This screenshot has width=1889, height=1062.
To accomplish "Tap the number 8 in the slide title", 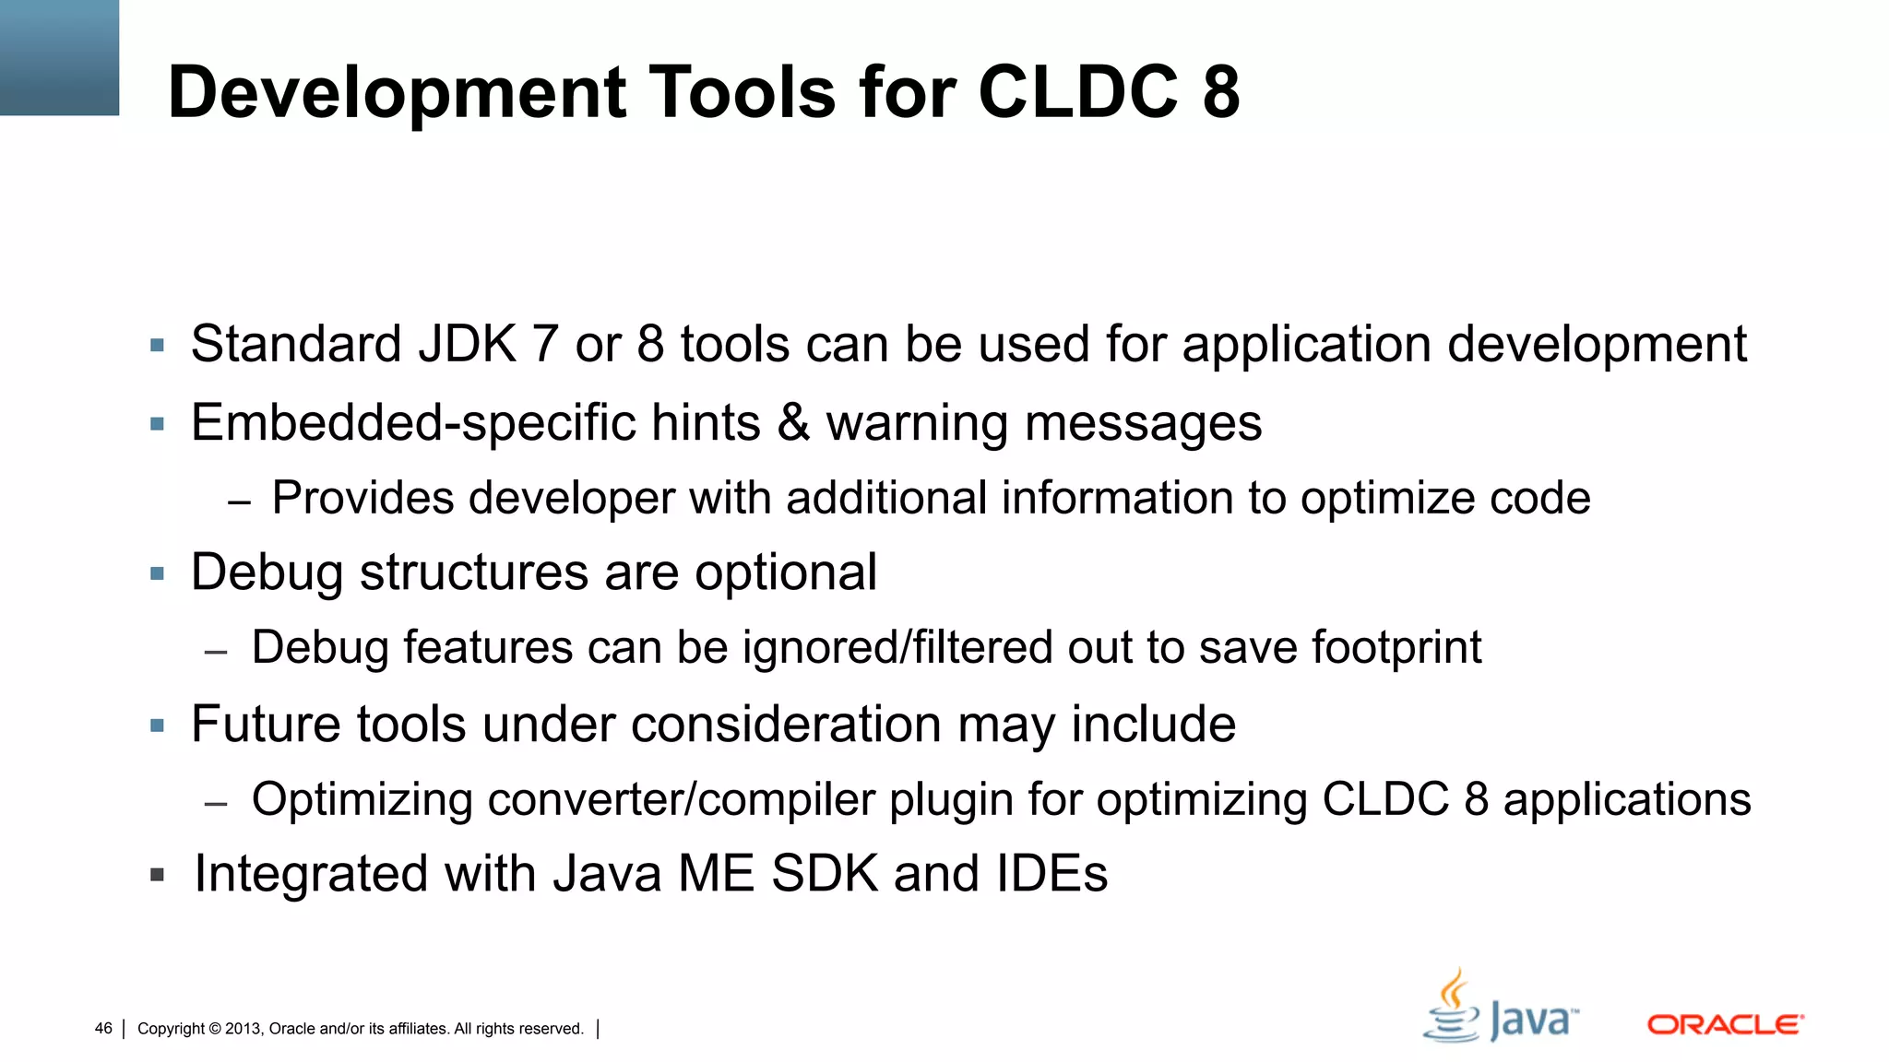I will click(x=1220, y=92).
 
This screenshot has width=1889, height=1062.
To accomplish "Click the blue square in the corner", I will click(x=59, y=57).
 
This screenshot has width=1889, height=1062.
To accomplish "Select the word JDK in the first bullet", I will click(x=467, y=344).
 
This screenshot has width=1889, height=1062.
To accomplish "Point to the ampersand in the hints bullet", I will click(x=792, y=422).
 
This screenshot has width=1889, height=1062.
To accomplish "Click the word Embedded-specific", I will click(x=412, y=423).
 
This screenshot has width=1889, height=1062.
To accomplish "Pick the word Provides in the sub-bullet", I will click(x=362, y=498).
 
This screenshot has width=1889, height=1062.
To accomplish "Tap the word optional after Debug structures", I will click(x=785, y=572).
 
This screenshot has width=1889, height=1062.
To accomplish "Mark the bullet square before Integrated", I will click(x=158, y=874).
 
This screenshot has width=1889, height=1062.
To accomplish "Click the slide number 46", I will click(x=103, y=1029).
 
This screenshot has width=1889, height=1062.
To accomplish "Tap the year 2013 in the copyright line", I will click(x=244, y=1029).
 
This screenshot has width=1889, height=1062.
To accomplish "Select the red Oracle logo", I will click(x=1725, y=1024).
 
